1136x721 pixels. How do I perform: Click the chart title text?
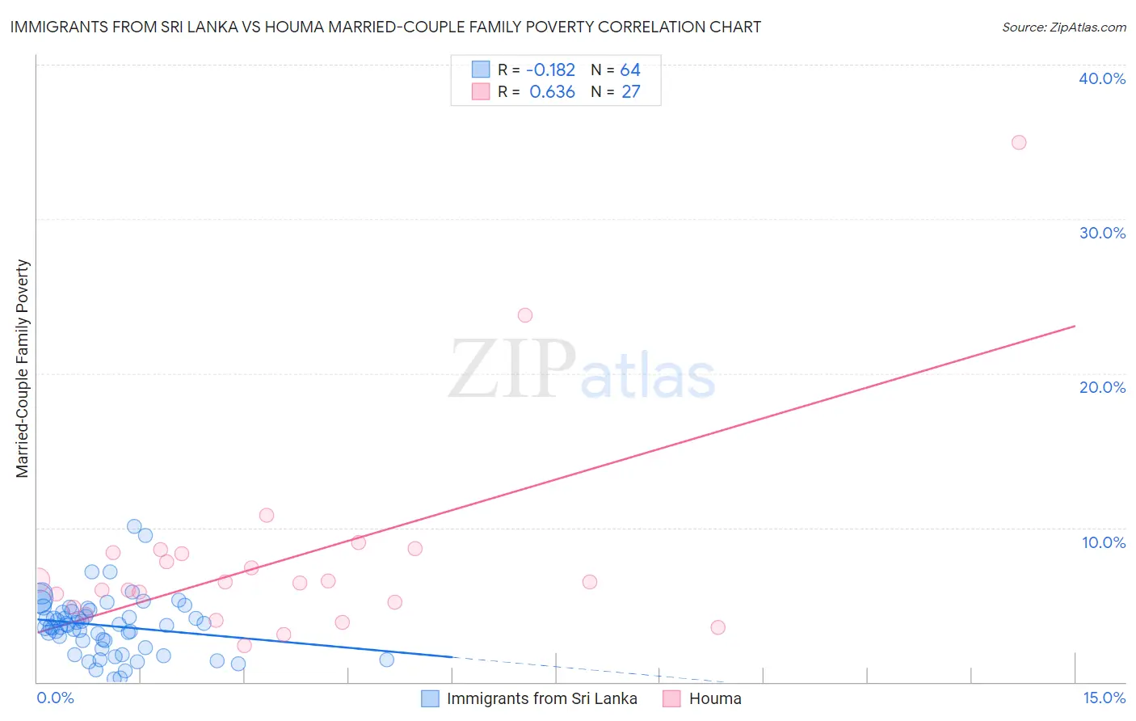coord(385,27)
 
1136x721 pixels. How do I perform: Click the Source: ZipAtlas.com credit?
coord(1063,27)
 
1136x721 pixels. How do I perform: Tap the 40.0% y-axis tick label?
coord(1102,78)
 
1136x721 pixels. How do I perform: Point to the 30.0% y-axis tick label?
coord(1102,233)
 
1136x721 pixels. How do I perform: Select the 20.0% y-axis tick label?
coord(1102,387)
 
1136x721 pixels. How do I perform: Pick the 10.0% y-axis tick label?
coord(1103,542)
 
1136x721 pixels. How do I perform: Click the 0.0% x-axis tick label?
coord(55,698)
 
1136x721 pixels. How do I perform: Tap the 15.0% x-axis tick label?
coord(1104,698)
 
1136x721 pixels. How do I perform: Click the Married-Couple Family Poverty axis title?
coord(23,369)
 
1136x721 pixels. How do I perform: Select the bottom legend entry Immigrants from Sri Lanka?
coord(541,698)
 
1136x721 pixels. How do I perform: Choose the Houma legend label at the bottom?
coord(714,698)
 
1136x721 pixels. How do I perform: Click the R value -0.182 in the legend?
coord(550,70)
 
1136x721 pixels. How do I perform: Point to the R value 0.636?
coord(552,92)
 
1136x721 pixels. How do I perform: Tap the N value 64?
coord(630,70)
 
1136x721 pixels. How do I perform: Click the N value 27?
coord(630,92)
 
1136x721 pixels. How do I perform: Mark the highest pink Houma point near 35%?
coord(1019,142)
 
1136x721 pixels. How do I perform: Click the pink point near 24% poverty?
coord(525,315)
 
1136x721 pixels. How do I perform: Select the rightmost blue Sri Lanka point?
coord(387,660)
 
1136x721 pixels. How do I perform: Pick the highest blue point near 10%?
coord(134,526)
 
